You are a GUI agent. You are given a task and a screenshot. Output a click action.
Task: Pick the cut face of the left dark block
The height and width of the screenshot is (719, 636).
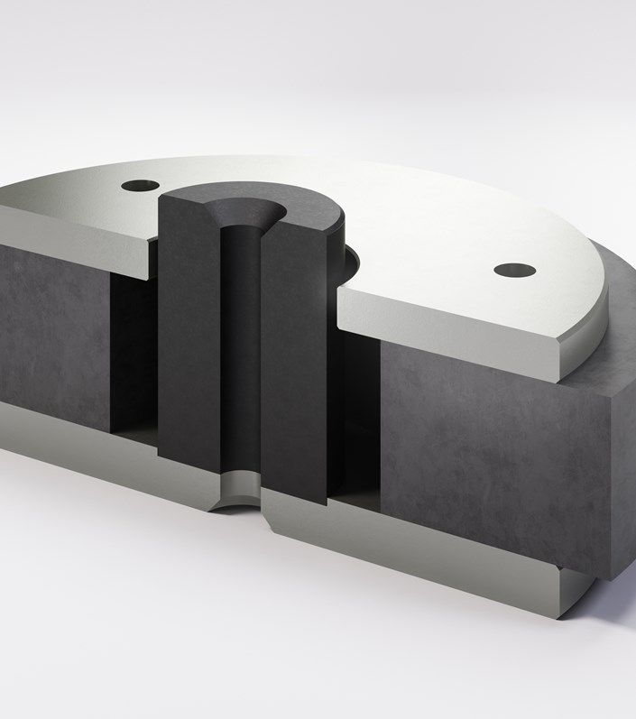point(54,334)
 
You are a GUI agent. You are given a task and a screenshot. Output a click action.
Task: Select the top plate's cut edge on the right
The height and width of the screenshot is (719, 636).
point(451,338)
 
